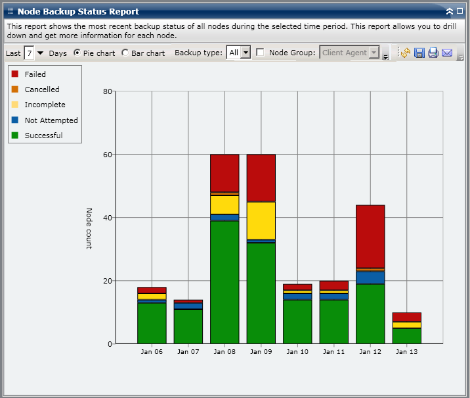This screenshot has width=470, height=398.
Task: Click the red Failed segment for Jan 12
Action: click(370, 236)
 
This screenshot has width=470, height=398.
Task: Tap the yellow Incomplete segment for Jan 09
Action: click(261, 220)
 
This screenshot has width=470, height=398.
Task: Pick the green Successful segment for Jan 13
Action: click(407, 336)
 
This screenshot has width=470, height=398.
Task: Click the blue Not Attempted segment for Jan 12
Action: click(370, 277)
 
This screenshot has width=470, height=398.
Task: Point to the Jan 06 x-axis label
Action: click(152, 351)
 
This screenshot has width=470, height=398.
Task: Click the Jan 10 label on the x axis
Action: click(298, 351)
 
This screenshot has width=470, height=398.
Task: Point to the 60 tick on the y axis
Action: click(108, 155)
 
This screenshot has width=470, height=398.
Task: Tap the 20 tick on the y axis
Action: click(108, 281)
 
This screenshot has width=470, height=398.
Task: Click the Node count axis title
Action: click(89, 228)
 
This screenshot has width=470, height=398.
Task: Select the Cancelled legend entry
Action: click(42, 89)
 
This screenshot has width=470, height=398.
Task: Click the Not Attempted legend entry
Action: click(51, 120)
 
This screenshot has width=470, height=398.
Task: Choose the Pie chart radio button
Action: click(77, 53)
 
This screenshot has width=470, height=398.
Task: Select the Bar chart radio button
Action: click(125, 53)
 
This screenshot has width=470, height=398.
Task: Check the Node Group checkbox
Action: click(261, 53)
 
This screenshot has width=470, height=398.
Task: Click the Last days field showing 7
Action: click(29, 53)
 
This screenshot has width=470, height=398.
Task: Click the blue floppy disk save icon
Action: click(419, 53)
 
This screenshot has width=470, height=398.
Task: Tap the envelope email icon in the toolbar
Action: click(447, 53)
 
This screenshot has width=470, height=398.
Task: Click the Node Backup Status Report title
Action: click(78, 11)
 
